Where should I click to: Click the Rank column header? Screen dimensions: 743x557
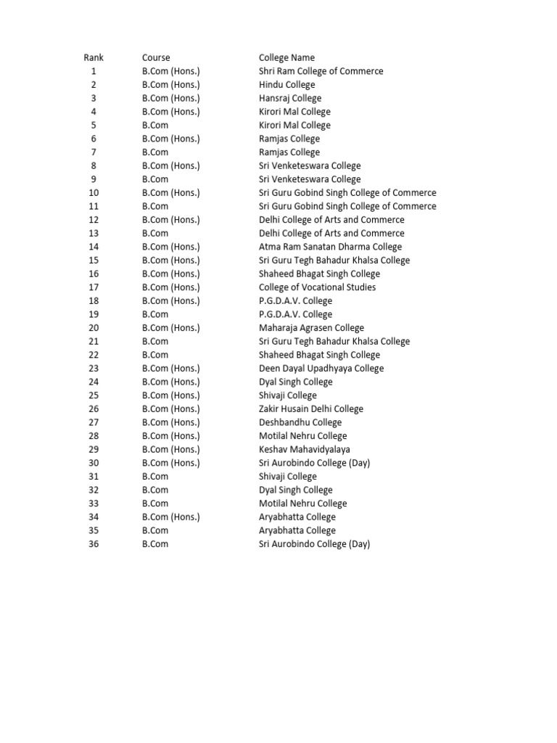(94, 57)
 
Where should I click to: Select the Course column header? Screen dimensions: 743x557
(156, 57)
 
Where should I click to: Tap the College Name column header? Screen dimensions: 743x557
(286, 57)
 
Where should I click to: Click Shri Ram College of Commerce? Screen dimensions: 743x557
(321, 71)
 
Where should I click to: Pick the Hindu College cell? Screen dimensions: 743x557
(286, 85)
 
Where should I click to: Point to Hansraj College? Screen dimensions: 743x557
(290, 98)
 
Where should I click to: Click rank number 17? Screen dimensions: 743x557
(94, 287)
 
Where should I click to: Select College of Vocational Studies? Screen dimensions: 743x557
(317, 287)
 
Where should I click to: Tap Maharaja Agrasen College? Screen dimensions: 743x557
(311, 328)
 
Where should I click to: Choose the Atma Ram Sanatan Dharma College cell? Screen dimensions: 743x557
(330, 247)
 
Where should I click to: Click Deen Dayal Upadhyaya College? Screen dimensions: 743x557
(321, 369)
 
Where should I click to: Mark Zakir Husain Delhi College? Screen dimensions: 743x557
(311, 409)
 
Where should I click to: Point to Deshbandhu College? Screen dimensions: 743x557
(300, 422)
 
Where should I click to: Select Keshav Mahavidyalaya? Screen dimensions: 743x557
(304, 450)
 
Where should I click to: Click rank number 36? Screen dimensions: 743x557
(94, 544)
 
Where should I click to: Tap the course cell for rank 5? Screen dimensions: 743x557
(155, 126)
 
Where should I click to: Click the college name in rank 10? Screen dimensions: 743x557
(347, 193)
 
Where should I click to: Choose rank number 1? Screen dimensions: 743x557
(94, 71)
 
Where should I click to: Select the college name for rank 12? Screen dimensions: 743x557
(331, 220)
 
